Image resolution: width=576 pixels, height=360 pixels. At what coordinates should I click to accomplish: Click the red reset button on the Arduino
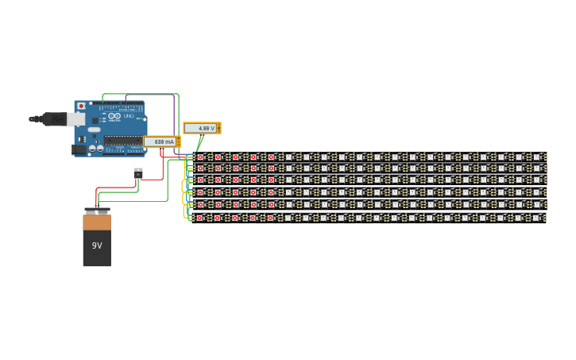point(81,106)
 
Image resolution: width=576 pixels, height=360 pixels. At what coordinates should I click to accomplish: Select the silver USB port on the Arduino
point(75,119)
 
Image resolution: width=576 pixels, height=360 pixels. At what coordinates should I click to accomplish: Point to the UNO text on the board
point(129,116)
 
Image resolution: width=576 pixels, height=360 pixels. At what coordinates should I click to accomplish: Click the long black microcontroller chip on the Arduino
point(123,140)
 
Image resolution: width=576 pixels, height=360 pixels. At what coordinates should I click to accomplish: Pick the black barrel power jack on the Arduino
point(79,149)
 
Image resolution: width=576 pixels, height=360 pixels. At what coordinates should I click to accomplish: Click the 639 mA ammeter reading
point(160,141)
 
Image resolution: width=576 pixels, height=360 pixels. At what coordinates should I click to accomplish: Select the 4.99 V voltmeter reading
point(202,128)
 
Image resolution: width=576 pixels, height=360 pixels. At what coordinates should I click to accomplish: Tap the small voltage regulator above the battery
point(138,172)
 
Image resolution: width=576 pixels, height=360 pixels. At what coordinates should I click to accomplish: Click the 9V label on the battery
point(97,246)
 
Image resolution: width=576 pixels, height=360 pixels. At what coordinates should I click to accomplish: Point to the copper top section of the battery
point(97,223)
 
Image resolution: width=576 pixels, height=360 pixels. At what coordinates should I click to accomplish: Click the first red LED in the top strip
point(200,157)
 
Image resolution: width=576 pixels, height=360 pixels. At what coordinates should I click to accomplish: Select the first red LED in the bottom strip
point(200,217)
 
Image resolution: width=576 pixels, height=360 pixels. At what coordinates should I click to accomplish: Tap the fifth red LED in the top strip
point(271,157)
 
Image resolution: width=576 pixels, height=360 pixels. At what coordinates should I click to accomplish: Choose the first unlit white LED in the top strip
point(288,157)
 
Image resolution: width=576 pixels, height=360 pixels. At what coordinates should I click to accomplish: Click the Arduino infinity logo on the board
point(114,116)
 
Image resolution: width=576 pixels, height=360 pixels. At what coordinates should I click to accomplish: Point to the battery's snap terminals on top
point(97,211)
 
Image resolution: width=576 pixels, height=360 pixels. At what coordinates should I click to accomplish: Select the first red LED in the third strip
point(200,180)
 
